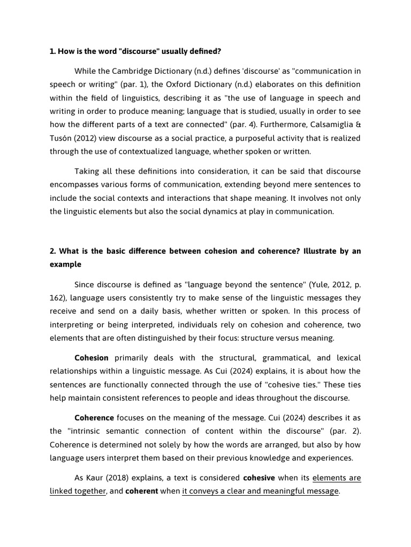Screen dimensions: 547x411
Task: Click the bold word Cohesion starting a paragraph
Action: (x=92, y=358)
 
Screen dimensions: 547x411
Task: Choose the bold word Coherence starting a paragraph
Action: (x=94, y=418)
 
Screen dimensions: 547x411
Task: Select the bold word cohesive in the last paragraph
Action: (x=259, y=478)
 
